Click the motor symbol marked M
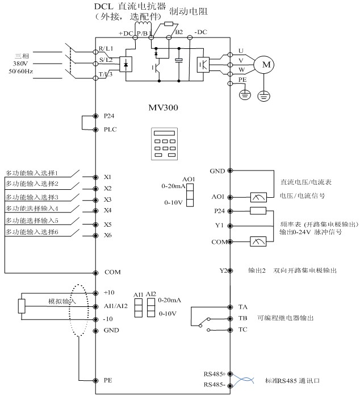point(263,65)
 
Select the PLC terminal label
point(109,130)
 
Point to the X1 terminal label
point(108,177)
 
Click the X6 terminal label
point(108,235)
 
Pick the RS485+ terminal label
point(215,374)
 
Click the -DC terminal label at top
point(200,32)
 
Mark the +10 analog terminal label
point(110,292)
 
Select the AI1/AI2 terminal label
point(116,306)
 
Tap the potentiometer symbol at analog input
point(22,306)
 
